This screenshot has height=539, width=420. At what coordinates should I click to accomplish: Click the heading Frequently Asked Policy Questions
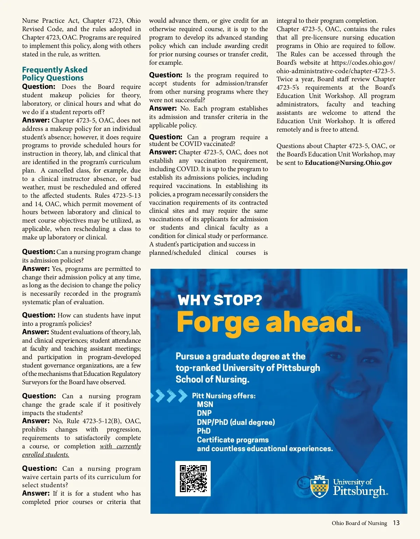(55, 74)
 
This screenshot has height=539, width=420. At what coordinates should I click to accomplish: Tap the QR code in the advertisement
(193, 478)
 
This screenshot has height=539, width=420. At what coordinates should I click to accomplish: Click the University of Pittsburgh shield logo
(319, 487)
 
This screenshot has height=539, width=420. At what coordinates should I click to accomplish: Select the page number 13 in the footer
(396, 523)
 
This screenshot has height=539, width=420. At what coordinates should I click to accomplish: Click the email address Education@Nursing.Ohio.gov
(348, 163)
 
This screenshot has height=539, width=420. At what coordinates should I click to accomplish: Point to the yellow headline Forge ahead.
(269, 322)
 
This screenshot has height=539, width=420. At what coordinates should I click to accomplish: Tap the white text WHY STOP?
(219, 300)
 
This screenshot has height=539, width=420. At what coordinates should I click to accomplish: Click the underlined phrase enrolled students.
(45, 455)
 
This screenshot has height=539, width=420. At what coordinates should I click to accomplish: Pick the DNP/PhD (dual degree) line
(236, 422)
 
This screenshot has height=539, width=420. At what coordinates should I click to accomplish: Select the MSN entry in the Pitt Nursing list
(205, 404)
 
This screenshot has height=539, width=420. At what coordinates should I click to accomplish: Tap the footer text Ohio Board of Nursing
(359, 523)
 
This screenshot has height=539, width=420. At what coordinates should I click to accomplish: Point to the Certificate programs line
(233, 440)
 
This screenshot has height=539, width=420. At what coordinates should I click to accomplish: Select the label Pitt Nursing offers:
(224, 396)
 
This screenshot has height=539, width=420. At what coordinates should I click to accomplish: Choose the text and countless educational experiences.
(265, 449)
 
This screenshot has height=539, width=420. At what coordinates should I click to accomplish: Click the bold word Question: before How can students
(38, 315)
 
